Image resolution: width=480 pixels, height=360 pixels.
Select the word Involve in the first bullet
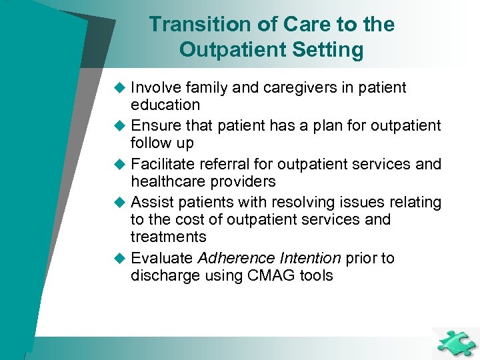158,88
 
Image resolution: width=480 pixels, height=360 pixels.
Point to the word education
165,105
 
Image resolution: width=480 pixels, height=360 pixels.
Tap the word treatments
169,237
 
